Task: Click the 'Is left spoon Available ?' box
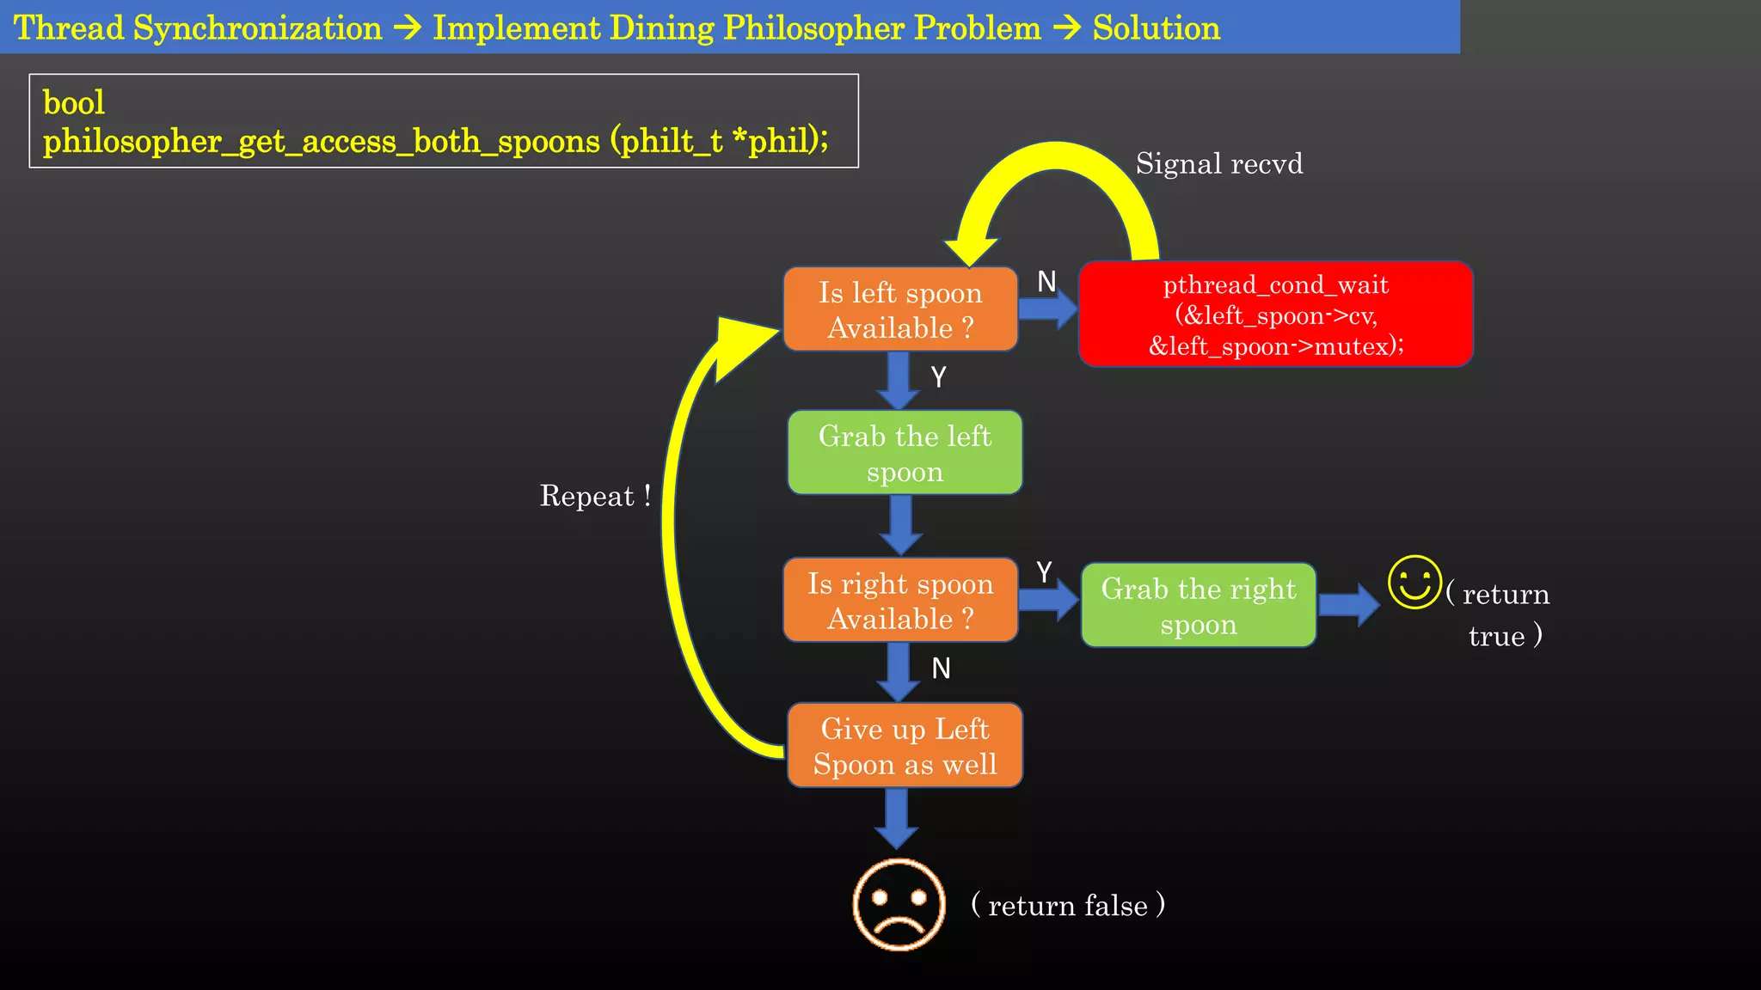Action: (900, 309)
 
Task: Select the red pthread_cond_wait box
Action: (1275, 315)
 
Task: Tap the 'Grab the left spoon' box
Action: (905, 453)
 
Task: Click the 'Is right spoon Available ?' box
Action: (900, 600)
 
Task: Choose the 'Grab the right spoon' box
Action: (1199, 605)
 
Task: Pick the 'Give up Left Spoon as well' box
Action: (905, 745)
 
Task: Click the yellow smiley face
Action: (1414, 582)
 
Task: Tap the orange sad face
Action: (899, 904)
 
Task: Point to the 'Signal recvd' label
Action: (1218, 163)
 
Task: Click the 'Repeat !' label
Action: (594, 496)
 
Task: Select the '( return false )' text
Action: (1067, 905)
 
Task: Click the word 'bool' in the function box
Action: (74, 103)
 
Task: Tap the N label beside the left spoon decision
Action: (1046, 282)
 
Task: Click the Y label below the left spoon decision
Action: (938, 376)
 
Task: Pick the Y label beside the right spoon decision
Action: (1044, 571)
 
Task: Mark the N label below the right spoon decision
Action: (941, 668)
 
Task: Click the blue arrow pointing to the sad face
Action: (896, 817)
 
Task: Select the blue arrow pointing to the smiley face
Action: (1348, 605)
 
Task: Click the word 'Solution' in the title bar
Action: (1156, 28)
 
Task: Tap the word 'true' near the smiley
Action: (1496, 636)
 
